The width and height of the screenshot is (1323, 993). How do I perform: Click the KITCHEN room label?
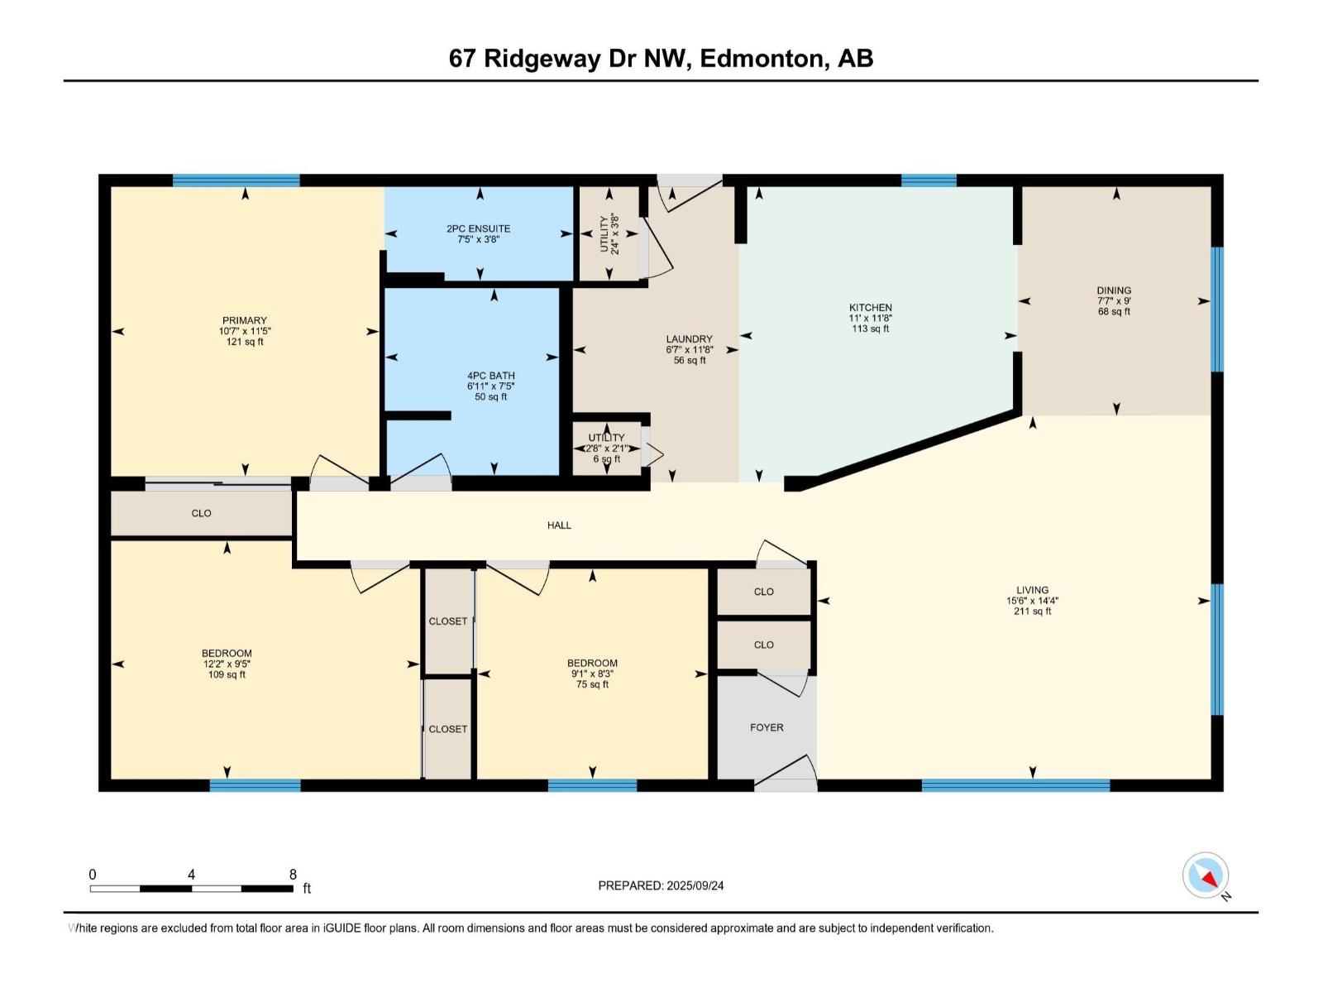click(x=870, y=307)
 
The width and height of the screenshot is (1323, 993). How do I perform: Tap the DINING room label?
click(x=1114, y=290)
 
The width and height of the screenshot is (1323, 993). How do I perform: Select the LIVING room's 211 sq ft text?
click(x=1033, y=612)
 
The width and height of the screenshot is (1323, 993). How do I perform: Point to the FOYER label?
click(x=767, y=727)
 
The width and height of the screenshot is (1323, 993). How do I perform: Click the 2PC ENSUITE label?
click(x=479, y=228)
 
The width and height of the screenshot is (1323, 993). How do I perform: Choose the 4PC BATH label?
click(x=490, y=376)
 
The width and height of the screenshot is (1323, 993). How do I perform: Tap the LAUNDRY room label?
click(x=689, y=338)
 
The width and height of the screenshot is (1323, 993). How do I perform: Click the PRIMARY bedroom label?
click(x=244, y=320)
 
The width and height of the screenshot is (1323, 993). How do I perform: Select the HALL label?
click(x=559, y=525)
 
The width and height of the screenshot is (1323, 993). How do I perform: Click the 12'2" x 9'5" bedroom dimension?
click(x=227, y=664)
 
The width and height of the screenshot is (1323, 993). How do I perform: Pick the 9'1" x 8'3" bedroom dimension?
click(x=592, y=674)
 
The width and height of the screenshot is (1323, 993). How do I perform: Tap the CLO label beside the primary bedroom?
click(x=201, y=513)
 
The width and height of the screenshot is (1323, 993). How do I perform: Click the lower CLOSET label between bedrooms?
click(x=447, y=729)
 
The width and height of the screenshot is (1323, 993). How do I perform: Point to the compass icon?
click(x=1206, y=875)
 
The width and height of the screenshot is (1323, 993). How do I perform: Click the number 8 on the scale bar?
click(x=293, y=874)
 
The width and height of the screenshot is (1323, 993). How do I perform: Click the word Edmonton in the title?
click(x=766, y=58)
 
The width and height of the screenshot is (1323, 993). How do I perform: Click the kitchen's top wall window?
click(x=928, y=180)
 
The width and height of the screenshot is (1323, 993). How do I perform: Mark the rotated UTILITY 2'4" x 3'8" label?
click(x=609, y=234)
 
